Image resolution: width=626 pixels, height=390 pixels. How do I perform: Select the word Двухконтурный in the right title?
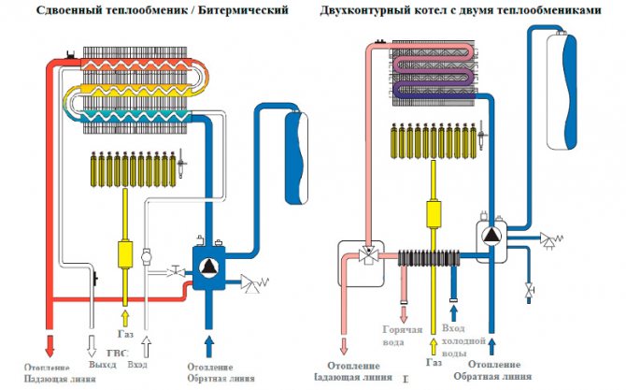coord(361,10)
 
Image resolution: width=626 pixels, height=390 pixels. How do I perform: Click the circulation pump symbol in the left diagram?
coord(206,265)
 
